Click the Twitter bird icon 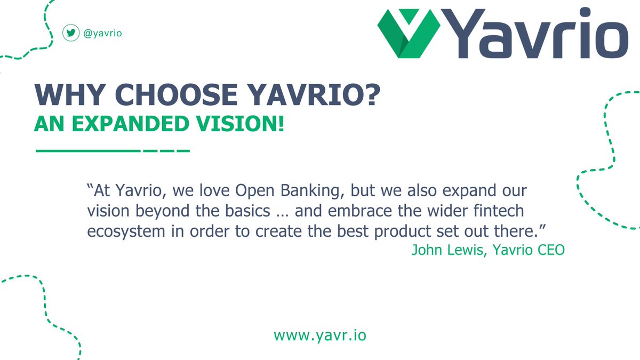(70, 33)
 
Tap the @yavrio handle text (100, 33)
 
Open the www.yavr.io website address (320, 336)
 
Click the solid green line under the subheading (88, 150)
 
